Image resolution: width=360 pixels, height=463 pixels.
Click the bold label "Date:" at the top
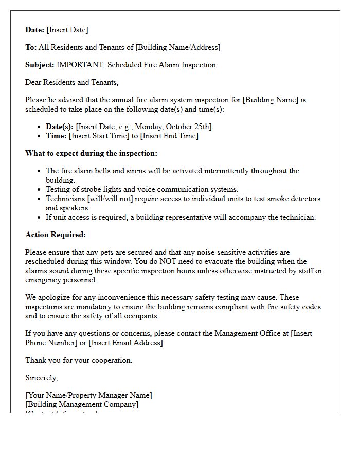35,30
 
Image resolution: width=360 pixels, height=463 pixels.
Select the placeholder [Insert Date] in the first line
67,30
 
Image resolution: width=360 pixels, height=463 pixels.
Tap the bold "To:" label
31,47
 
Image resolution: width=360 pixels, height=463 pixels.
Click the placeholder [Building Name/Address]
177,47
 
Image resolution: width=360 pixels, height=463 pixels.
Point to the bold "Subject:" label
40,65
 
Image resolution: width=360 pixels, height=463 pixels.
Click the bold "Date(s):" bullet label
60,127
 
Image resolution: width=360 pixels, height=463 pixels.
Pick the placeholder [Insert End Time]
169,136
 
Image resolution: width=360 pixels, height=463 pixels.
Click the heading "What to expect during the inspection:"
91,153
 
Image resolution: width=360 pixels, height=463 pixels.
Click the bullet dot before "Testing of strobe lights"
40,190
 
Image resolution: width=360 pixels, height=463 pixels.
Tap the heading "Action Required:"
56,235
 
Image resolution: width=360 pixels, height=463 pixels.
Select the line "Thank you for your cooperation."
79,360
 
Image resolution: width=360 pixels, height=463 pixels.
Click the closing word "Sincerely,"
41,378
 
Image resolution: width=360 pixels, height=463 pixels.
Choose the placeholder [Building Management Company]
82,404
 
